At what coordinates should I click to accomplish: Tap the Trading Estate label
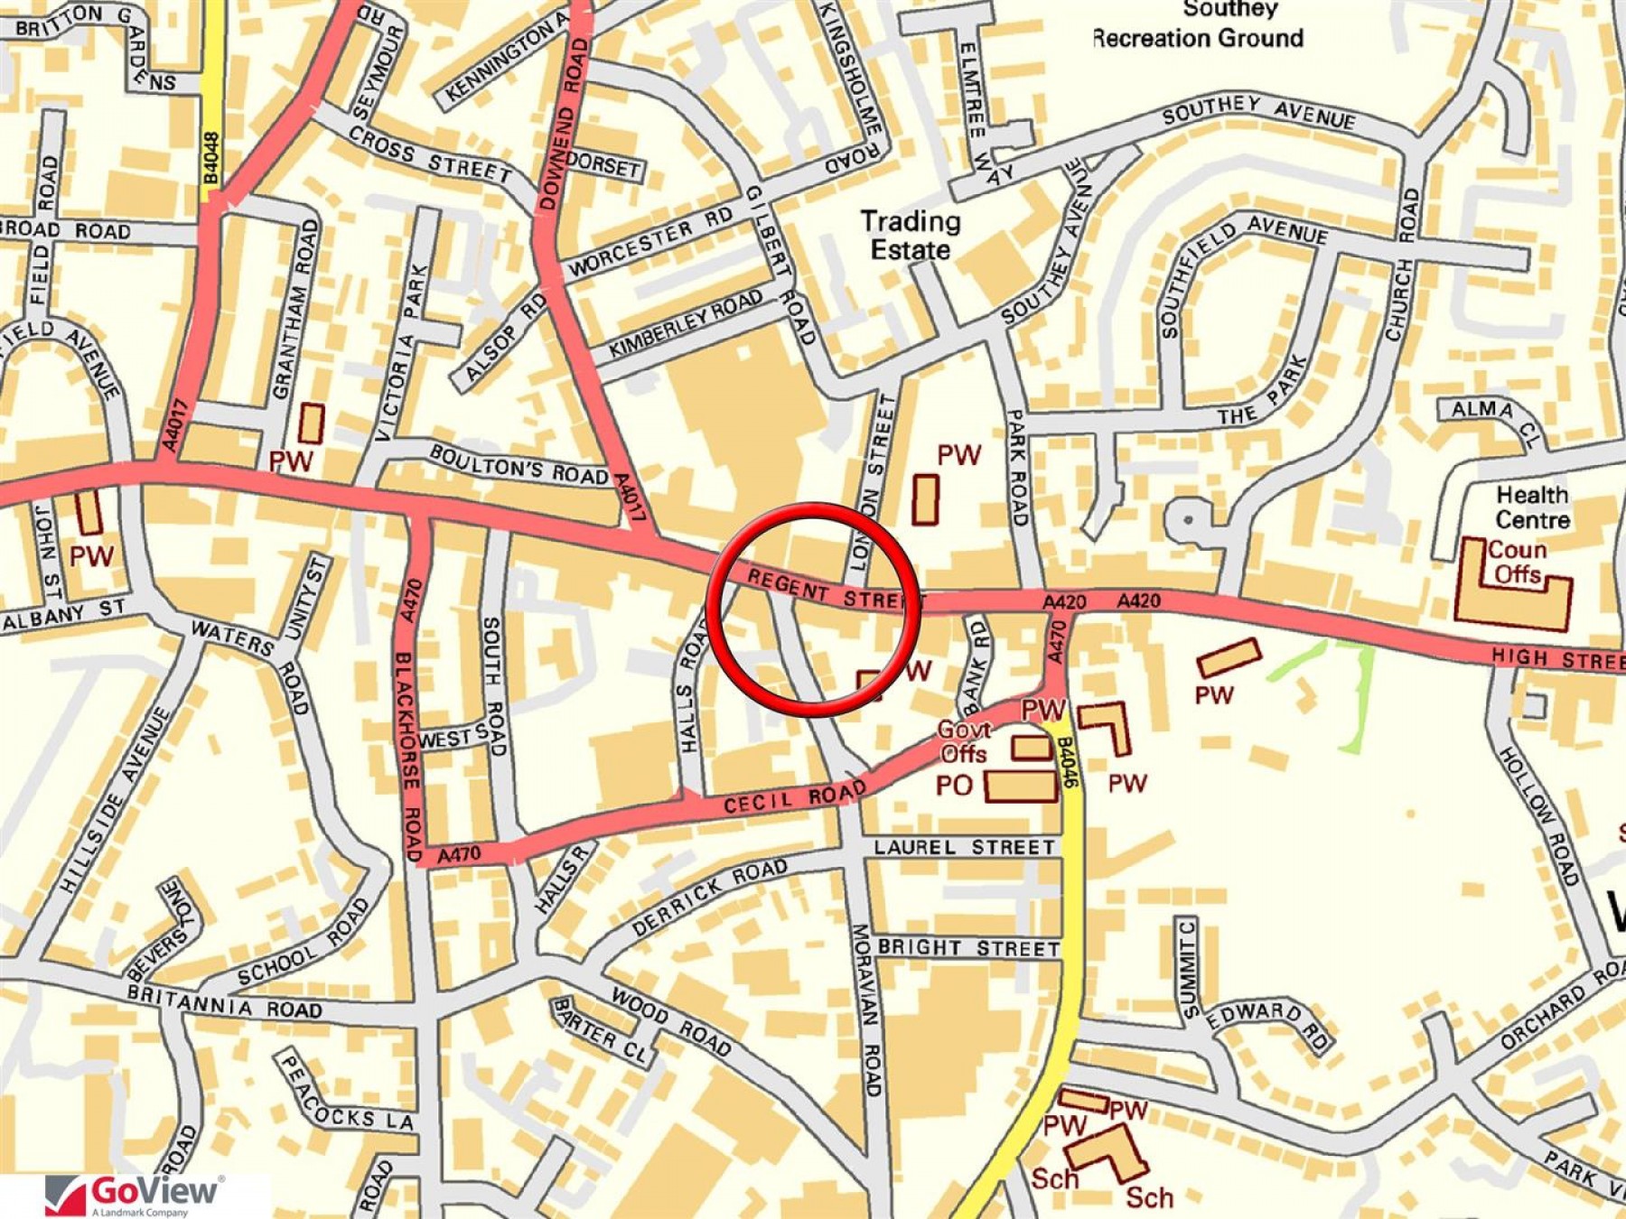[x=910, y=235]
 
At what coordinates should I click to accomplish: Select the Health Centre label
[x=1532, y=507]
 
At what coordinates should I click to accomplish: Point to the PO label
[x=953, y=786]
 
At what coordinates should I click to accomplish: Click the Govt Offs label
[x=964, y=741]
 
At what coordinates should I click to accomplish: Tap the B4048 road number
[x=211, y=159]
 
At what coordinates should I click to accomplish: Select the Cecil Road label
[x=794, y=798]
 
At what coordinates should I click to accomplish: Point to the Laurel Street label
[x=964, y=847]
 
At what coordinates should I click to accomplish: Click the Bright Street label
[x=968, y=948]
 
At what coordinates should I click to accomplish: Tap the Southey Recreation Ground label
[x=1198, y=24]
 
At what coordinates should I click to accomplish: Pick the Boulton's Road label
[x=518, y=464]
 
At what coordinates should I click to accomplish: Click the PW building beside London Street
[x=924, y=499]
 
